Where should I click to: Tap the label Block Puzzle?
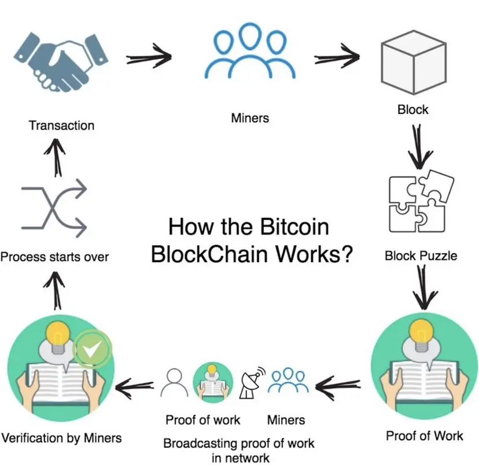(421, 255)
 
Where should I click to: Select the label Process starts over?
(54, 256)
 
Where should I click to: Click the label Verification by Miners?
(62, 438)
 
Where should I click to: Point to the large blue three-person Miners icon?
(250, 56)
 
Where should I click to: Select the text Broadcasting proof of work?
(239, 444)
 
